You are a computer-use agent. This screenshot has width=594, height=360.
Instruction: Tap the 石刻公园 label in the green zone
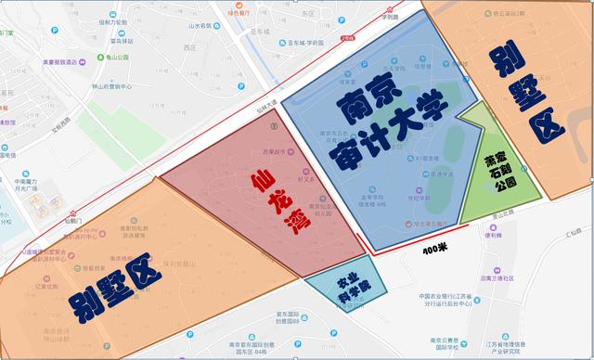click(x=501, y=177)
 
